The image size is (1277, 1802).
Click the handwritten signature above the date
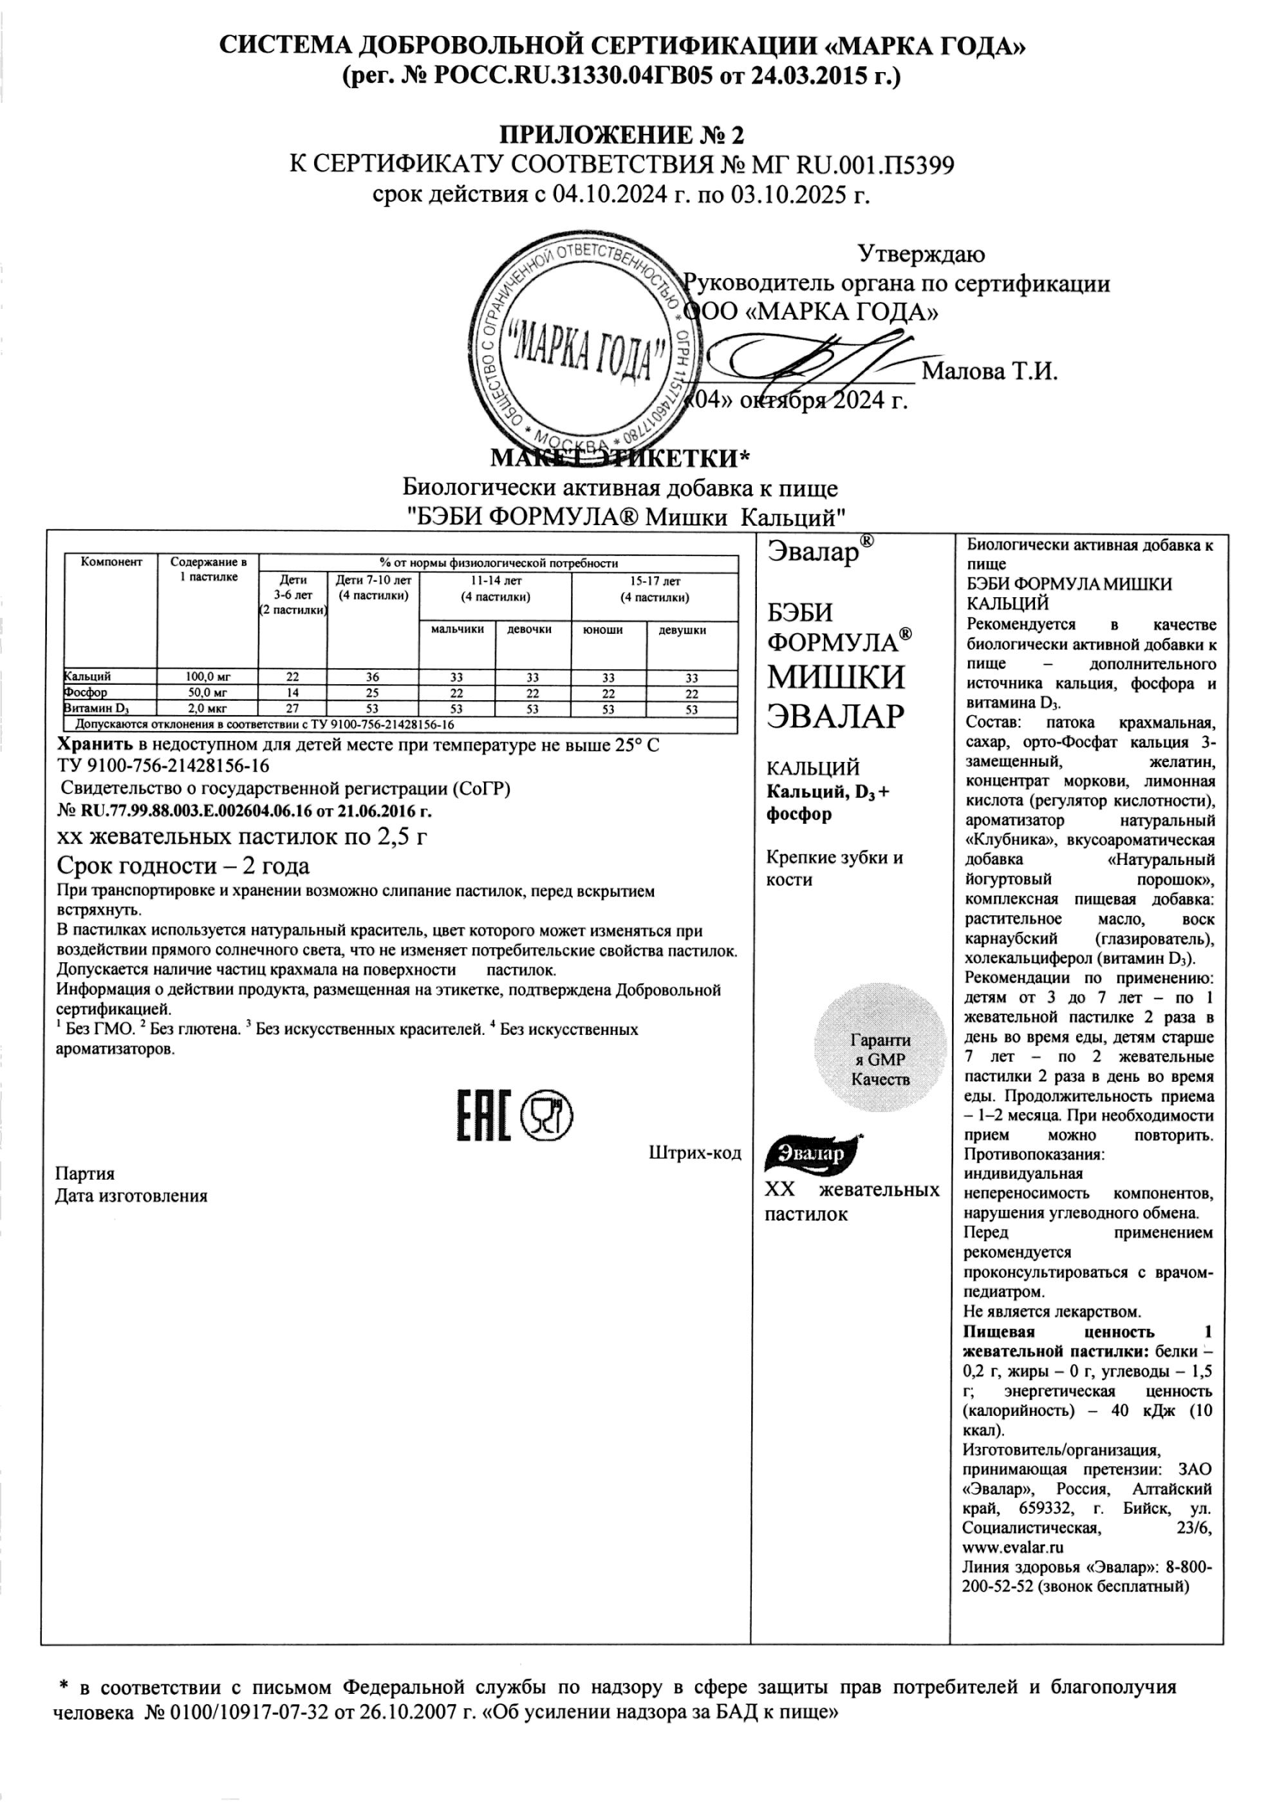click(818, 362)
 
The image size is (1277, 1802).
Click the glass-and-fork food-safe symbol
click(546, 1115)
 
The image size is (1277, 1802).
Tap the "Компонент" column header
click(111, 562)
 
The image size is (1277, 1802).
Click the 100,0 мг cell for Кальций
click(208, 677)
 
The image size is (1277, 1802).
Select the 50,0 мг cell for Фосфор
click(208, 692)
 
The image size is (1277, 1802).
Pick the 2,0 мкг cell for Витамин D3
click(208, 709)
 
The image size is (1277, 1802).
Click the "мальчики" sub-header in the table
click(457, 630)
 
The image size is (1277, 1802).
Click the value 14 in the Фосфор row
click(292, 693)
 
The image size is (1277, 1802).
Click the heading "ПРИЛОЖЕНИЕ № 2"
click(621, 135)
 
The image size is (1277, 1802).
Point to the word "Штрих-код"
click(695, 1153)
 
